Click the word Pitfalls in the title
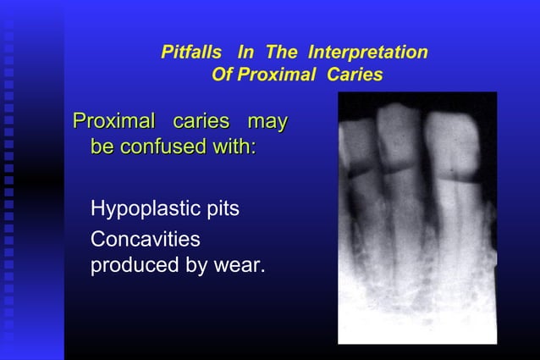pyautogui.click(x=194, y=53)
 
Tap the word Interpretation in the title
pyautogui.click(x=368, y=53)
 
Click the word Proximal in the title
pyautogui.click(x=273, y=75)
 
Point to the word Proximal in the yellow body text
pyautogui.click(x=114, y=122)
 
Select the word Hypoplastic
pyautogui.click(x=136, y=209)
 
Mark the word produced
pyautogui.click(x=132, y=266)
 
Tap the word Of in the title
pyautogui.click(x=221, y=75)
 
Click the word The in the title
pyautogui.click(x=282, y=53)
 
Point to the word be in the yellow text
pyautogui.click(x=102, y=147)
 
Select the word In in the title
pyautogui.click(x=245, y=53)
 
